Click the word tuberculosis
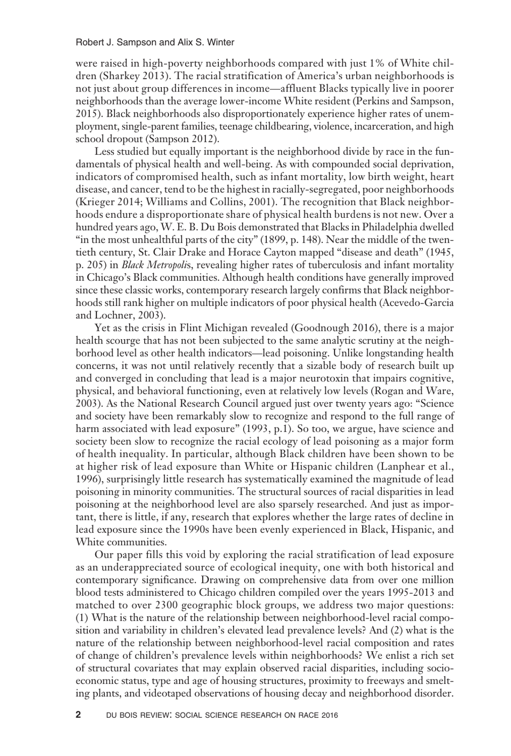[325, 265]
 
